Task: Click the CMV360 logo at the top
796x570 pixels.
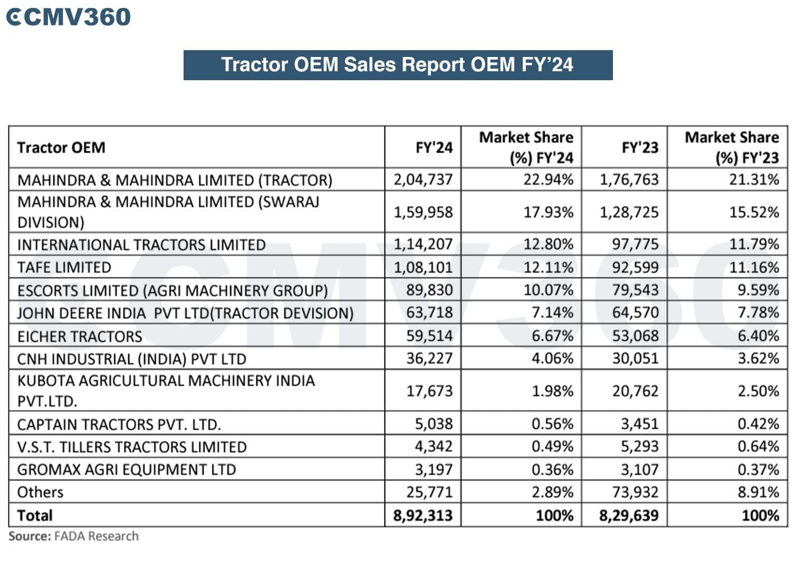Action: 68,17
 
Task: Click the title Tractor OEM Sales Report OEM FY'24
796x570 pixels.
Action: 397,65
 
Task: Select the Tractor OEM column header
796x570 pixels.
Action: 61,147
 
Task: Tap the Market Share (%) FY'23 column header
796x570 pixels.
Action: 731,147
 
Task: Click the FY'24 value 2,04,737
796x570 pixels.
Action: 423,179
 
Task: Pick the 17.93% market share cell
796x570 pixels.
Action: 548,212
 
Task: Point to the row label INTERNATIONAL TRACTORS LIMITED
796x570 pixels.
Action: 141,245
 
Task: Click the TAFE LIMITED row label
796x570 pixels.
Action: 64,268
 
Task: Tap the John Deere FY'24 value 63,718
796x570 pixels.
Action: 429,312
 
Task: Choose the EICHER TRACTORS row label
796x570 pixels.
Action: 80,336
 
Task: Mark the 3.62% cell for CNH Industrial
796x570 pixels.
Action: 758,358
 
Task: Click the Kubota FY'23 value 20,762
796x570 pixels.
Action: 635,391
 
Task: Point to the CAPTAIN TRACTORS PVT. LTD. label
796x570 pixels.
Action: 119,424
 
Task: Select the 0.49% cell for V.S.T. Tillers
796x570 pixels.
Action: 552,446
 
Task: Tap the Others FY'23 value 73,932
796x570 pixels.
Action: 635,492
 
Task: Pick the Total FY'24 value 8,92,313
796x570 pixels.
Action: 423,515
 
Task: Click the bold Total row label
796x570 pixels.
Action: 35,515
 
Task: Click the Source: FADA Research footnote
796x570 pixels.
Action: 73,536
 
